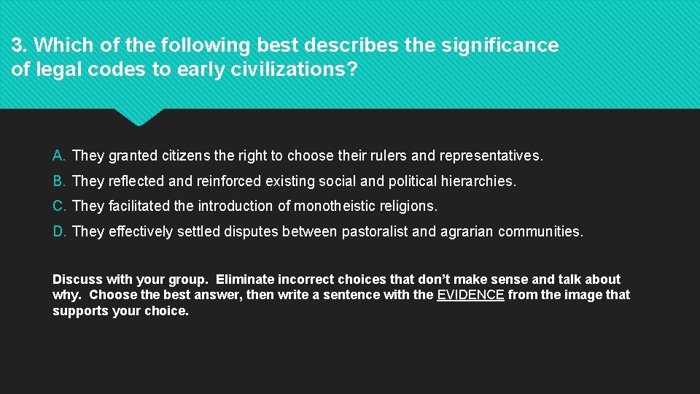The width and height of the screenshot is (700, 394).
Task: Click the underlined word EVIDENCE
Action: coord(470,295)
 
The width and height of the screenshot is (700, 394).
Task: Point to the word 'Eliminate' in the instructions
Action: coord(246,279)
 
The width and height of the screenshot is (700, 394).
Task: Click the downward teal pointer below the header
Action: coord(139,116)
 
